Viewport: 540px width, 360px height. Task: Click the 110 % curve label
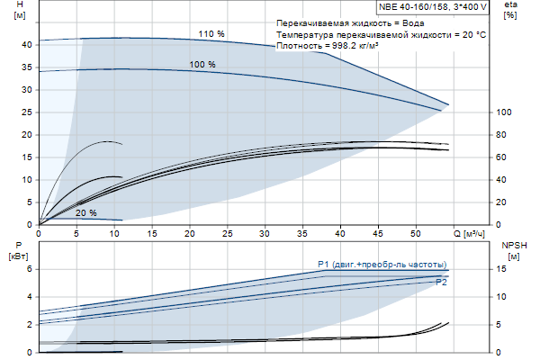click(211, 33)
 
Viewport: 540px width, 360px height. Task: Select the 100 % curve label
click(202, 64)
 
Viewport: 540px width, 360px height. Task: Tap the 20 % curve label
click(86, 213)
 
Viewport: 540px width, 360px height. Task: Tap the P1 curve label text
click(382, 264)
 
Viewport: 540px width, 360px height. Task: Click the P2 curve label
click(442, 283)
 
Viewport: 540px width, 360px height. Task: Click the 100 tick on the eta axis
click(505, 112)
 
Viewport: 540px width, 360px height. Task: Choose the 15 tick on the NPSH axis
click(503, 269)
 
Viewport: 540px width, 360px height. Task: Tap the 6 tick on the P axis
click(30, 269)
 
